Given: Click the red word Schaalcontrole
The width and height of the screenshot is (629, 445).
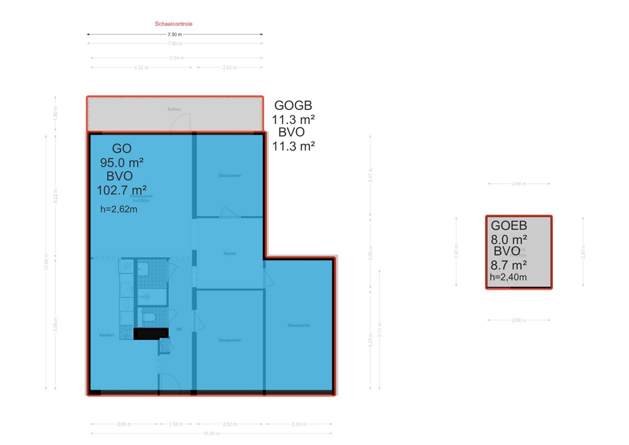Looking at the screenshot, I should (173, 24).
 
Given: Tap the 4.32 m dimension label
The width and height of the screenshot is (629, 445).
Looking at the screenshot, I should (141, 68).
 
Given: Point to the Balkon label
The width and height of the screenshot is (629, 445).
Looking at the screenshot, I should (174, 109).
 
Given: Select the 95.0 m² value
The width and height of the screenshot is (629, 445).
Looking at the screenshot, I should (122, 162).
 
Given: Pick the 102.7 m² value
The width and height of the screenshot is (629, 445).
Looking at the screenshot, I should (122, 190).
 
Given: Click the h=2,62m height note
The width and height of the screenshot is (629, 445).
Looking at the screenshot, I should (118, 209).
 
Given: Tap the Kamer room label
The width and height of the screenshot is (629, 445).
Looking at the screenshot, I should (230, 253).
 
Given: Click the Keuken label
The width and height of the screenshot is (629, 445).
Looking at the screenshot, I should (107, 335).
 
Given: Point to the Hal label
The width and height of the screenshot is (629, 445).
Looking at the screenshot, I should (179, 329).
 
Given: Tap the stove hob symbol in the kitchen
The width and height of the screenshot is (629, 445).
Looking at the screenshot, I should (127, 333).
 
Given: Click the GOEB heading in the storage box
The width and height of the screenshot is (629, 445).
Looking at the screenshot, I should (509, 226).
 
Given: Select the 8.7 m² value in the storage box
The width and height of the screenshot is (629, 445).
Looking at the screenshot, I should (509, 266).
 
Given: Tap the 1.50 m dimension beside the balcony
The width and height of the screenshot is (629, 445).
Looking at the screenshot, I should (57, 115).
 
